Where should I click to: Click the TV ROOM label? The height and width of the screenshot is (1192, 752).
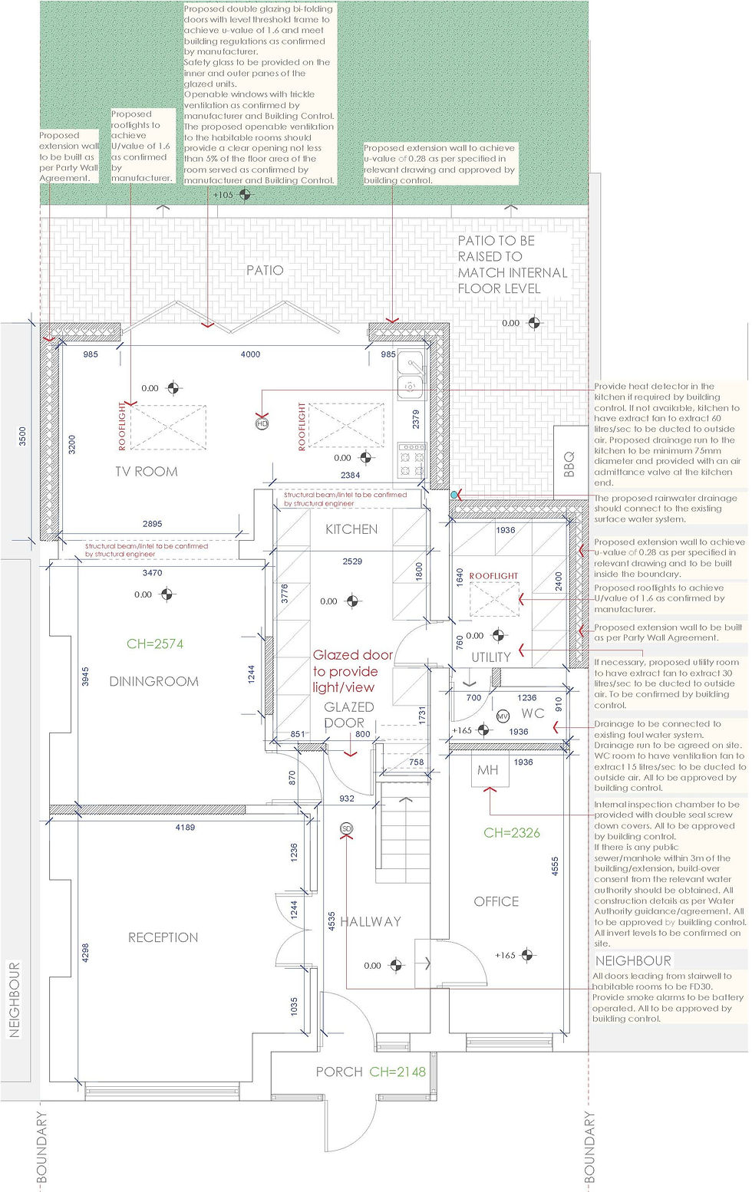[x=146, y=472]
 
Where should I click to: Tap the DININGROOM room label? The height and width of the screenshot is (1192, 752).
[x=153, y=681]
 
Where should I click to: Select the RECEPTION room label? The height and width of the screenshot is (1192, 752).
[x=163, y=937]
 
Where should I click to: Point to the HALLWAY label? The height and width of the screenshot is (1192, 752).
[x=371, y=921]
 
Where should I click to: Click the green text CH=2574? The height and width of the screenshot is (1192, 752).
[x=155, y=644]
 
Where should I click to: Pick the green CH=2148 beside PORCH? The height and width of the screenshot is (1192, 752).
[x=397, y=1072]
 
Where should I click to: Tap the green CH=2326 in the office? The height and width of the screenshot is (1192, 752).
[x=512, y=832]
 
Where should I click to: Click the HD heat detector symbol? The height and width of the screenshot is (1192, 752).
[x=262, y=423]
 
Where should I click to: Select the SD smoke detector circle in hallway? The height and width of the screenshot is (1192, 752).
[x=346, y=828]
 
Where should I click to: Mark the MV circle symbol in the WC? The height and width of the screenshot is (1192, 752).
[x=503, y=716]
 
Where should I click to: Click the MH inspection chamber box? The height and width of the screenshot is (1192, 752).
[x=488, y=770]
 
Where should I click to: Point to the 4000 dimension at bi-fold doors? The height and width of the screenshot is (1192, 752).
[x=250, y=354]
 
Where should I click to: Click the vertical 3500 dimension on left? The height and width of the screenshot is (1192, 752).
[x=22, y=436]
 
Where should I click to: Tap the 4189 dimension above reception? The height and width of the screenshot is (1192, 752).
[x=185, y=828]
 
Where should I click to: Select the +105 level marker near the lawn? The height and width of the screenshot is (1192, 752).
[x=223, y=195]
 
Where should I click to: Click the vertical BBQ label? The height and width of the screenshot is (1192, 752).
[x=569, y=465]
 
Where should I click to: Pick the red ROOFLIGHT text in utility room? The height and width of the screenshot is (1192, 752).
[x=493, y=576]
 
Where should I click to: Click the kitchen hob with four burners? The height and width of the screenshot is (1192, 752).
[x=412, y=460]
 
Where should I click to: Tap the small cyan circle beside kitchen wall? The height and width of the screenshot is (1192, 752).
[x=455, y=496]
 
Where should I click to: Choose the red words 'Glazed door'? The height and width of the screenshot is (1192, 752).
[x=352, y=655]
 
